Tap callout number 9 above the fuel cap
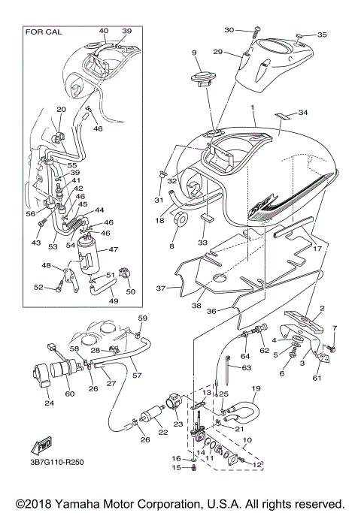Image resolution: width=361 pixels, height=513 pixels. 193,53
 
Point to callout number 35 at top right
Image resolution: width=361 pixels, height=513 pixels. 322,35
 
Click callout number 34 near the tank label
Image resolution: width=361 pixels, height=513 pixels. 303,113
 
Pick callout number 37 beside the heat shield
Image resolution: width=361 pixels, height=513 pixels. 159,288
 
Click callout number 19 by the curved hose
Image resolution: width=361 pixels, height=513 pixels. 255,388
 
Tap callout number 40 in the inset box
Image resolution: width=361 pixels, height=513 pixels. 103,30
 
